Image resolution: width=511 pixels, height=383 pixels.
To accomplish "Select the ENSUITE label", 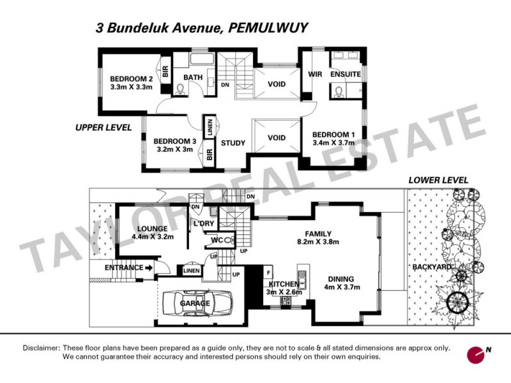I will click(346, 74).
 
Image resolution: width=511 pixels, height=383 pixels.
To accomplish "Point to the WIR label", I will click(314, 74).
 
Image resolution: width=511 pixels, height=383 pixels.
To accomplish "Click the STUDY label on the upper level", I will click(233, 143).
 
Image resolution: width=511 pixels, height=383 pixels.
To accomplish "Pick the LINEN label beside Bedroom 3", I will click(209, 126).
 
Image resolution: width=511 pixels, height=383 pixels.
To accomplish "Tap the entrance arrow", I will click(149, 267).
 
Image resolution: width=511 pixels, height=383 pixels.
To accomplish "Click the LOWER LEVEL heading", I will click(438, 181).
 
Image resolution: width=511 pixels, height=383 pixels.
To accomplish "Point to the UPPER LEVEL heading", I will click(103, 128).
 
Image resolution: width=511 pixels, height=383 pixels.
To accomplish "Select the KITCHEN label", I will click(284, 283).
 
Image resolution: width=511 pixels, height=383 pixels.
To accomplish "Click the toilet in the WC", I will click(229, 240).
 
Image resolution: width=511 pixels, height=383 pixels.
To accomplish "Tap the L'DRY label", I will click(203, 223).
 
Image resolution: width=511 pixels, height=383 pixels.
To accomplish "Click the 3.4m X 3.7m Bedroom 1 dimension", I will click(333, 144).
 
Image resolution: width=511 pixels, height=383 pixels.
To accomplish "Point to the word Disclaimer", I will click(41, 349).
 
